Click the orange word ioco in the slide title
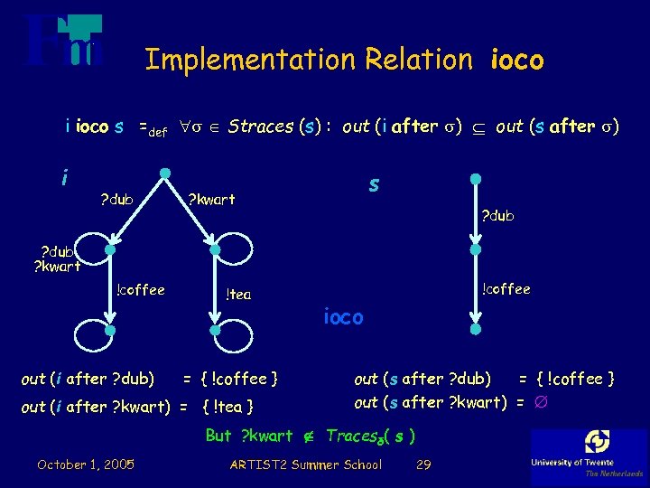tap(517, 61)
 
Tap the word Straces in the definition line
tap(261, 127)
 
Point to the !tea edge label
tap(238, 294)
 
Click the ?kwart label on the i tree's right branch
tap(210, 200)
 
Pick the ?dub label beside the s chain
tap(497, 215)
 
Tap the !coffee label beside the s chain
tap(506, 289)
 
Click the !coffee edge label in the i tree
tap(140, 290)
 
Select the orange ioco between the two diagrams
tap(343, 317)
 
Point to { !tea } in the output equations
tap(227, 407)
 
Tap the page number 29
tap(422, 465)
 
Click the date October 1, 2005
tap(86, 465)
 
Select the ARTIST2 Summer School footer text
tap(306, 465)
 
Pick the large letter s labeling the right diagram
tap(373, 184)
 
